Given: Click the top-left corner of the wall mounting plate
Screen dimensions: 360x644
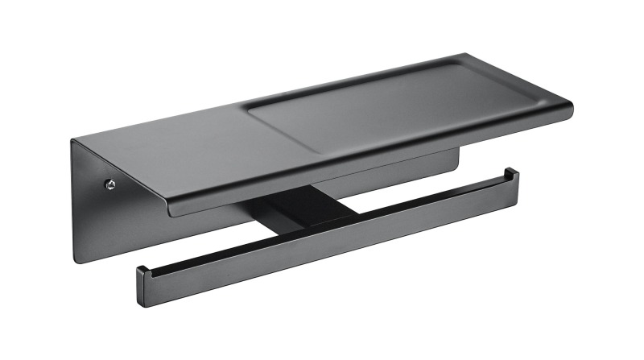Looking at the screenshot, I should [x=72, y=142].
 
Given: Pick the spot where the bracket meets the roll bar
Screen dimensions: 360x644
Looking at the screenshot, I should [x=318, y=230].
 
